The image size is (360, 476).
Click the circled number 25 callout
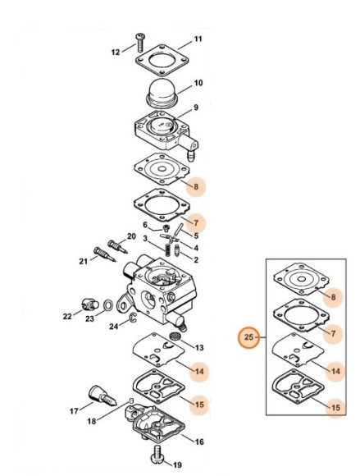(248, 337)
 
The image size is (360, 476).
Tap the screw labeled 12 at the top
(140, 43)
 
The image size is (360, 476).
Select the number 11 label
(198, 39)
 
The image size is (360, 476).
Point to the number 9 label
(196, 108)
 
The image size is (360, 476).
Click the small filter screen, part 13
(175, 336)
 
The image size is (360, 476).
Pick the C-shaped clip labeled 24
(133, 317)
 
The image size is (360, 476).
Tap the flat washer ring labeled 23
(107, 305)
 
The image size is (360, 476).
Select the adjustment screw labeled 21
(105, 254)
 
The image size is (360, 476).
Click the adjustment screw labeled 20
(117, 246)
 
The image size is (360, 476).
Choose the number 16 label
(199, 442)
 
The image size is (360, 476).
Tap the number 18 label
(92, 421)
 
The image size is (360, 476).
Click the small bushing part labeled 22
(89, 304)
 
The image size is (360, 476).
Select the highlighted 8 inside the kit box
(333, 297)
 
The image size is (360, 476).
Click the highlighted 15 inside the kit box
(335, 407)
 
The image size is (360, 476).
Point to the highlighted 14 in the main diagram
(199, 371)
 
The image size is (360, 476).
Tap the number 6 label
(145, 225)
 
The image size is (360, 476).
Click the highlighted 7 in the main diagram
(196, 223)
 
